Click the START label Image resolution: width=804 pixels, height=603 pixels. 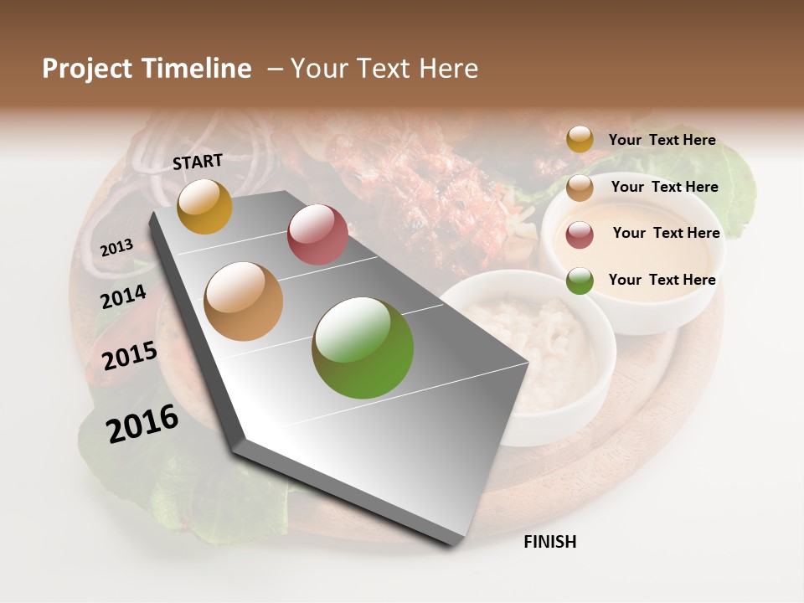pyautogui.click(x=198, y=162)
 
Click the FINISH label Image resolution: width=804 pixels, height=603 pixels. pyautogui.click(x=549, y=542)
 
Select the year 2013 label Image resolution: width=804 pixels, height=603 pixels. pyautogui.click(x=116, y=248)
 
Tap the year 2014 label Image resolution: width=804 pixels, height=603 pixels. pyautogui.click(x=123, y=297)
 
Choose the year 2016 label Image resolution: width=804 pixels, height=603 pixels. pyautogui.click(x=142, y=424)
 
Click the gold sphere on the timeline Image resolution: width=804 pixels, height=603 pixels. pyautogui.click(x=204, y=206)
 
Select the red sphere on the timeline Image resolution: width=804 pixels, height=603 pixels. pyautogui.click(x=317, y=234)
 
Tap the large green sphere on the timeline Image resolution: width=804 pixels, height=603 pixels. pyautogui.click(x=363, y=348)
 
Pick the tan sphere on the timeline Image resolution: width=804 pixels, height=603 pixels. pyautogui.click(x=243, y=301)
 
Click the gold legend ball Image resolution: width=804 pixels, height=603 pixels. pyautogui.click(x=580, y=139)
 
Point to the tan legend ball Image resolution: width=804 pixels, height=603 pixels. pyautogui.click(x=580, y=188)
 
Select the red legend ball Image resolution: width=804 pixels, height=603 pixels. pyautogui.click(x=580, y=234)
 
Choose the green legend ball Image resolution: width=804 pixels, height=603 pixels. pyautogui.click(x=580, y=281)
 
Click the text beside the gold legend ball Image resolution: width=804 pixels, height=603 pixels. pyautogui.click(x=662, y=140)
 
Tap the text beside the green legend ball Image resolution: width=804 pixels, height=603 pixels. pyautogui.click(x=662, y=280)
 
